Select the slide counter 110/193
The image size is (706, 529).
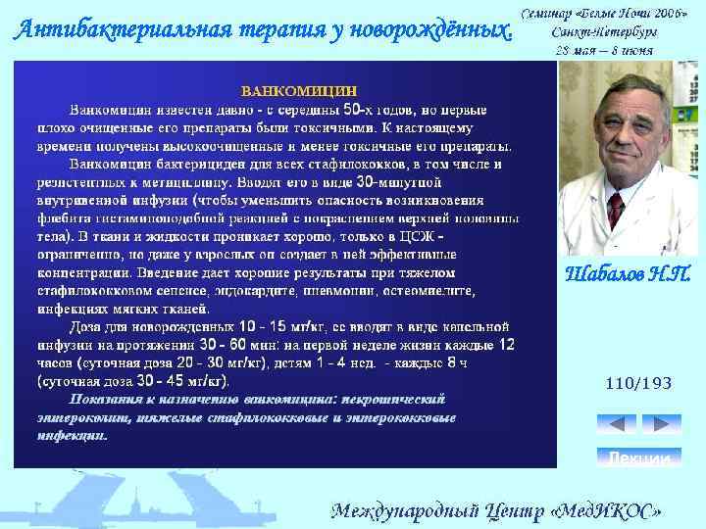(x=638, y=384)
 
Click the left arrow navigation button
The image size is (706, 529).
(x=617, y=424)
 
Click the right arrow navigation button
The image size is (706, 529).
(x=661, y=424)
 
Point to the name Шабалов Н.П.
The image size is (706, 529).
(x=629, y=272)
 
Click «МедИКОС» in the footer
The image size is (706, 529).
(x=610, y=511)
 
